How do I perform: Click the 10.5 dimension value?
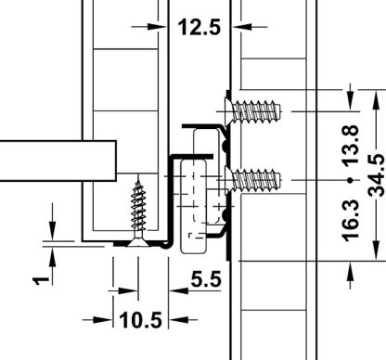[140, 320]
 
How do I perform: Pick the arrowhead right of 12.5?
[237, 28]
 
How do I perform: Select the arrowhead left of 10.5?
[106, 320]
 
